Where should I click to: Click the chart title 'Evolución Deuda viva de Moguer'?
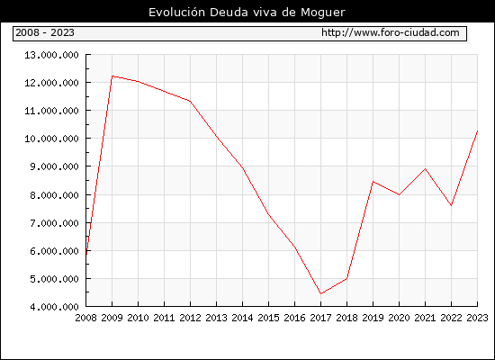pos(247,13)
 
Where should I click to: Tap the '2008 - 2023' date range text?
pos(45,32)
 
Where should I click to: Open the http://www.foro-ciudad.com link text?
pos(391,32)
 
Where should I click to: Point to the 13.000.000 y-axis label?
pos(52,55)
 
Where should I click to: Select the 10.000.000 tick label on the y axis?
pos(52,139)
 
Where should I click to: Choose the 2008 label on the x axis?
pos(85,318)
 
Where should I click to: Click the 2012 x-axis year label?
pos(191,318)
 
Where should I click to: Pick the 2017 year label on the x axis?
pos(320,318)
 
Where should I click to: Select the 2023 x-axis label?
pos(477,318)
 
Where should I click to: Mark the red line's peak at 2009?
pos(112,76)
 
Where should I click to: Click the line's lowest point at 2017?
pos(320,293)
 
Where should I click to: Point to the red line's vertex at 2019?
pos(373,182)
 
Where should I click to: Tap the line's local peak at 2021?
pos(425,169)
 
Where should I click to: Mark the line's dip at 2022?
pos(452,205)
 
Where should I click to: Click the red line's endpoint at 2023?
pos(477,130)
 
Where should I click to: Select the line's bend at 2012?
pos(191,102)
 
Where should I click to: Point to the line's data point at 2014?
pos(242,167)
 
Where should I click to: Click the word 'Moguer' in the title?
pos(323,13)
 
